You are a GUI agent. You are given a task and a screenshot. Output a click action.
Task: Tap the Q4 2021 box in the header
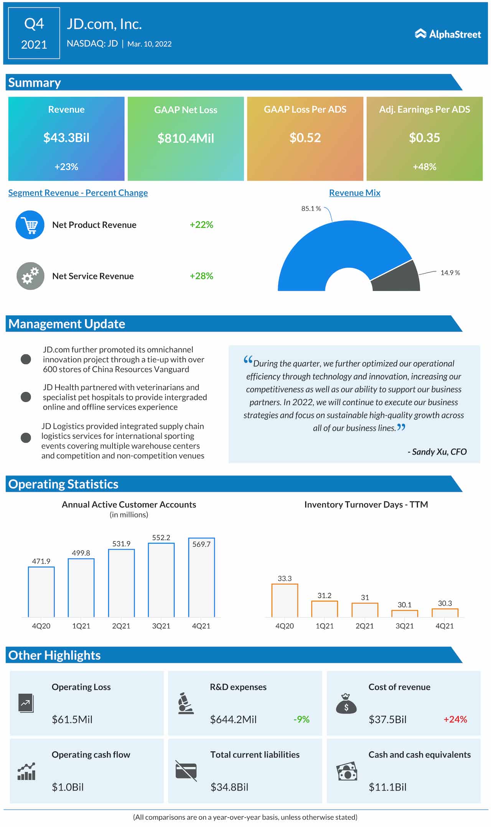point(34,33)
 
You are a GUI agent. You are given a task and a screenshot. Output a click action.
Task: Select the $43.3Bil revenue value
point(66,137)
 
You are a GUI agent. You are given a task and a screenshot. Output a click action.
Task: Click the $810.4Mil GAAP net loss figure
point(186,138)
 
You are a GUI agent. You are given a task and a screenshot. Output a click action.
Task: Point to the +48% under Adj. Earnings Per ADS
point(424,166)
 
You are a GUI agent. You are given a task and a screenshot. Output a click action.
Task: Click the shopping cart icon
point(30,225)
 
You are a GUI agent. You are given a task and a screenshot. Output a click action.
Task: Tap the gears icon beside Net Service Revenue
point(30,276)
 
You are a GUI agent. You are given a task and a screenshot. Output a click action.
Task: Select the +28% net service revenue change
point(201,276)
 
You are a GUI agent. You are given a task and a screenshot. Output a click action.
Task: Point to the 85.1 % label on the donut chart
point(311,208)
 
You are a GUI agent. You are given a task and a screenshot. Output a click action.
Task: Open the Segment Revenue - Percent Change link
point(78,193)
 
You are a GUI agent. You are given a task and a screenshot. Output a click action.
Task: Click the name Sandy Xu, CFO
point(437,451)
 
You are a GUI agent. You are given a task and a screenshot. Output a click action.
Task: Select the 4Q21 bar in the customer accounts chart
point(201,577)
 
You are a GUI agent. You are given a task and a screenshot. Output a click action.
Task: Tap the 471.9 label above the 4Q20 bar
point(41,561)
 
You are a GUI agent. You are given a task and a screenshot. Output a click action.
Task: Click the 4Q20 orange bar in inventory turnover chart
point(285,600)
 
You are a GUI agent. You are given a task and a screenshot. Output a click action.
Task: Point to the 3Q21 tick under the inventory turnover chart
point(404,626)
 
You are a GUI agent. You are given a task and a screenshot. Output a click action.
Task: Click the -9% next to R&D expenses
point(301,719)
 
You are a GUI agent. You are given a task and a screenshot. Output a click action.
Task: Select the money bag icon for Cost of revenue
point(346,703)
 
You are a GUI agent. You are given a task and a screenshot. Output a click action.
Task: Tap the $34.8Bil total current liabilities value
point(229,787)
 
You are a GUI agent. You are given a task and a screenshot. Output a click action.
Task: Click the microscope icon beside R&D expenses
point(186,703)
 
